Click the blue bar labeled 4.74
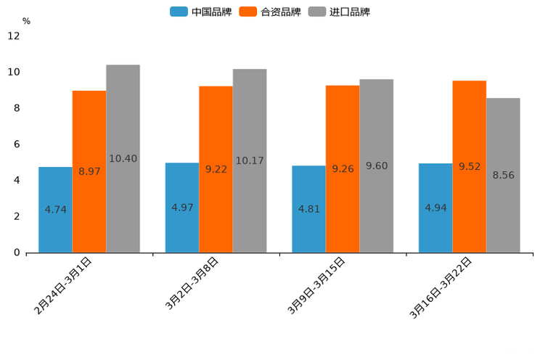[55, 210]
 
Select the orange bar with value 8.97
[89, 171]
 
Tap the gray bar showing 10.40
[123, 158]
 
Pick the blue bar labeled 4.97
[182, 208]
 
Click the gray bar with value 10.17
[250, 160]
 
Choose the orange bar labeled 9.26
[343, 169]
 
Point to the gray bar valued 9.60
[376, 165]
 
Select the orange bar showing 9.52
[469, 166]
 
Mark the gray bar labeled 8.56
[503, 175]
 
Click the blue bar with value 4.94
[435, 208]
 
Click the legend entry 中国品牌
[201, 12]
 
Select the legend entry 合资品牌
[270, 12]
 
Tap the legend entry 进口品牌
[339, 12]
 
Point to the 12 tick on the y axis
[14, 36]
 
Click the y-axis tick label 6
[17, 144]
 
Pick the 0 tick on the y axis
[17, 253]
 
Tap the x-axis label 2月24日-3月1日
[64, 285]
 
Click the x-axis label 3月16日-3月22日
[442, 287]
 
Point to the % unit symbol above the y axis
[26, 21]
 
